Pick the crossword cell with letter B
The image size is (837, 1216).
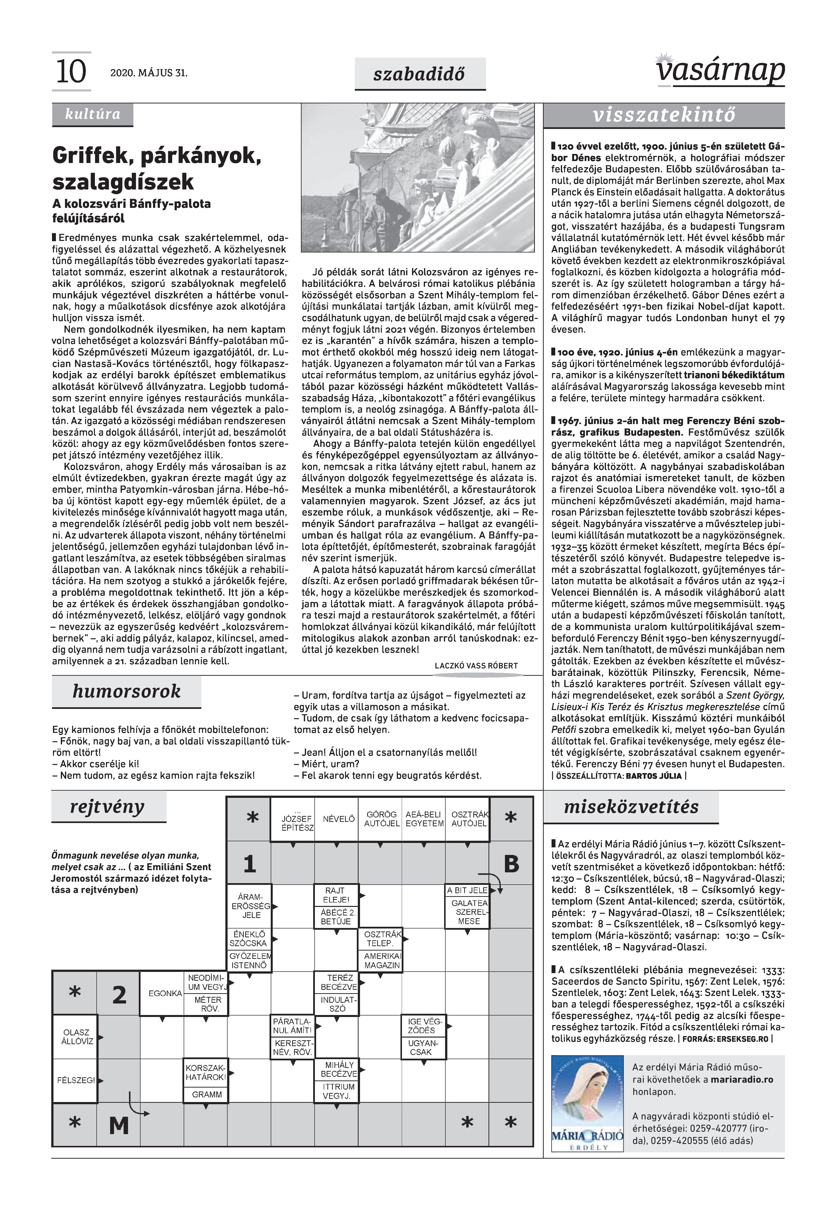(x=511, y=864)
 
